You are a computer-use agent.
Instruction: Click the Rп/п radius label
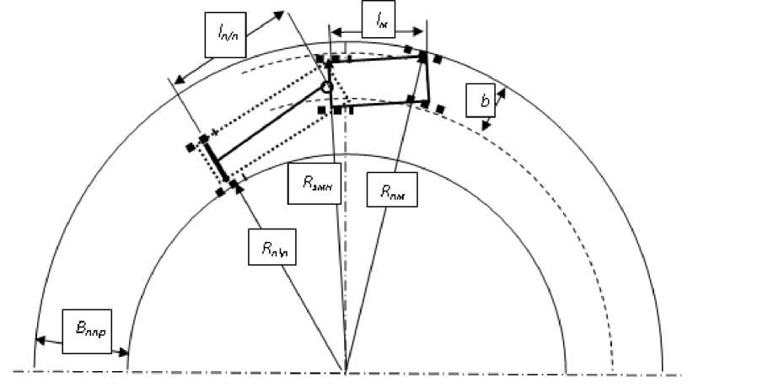coord(271,245)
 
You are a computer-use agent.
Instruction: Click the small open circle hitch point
coord(327,87)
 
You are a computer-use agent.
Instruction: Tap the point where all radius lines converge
coord(347,369)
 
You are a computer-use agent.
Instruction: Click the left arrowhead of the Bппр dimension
coord(38,340)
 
